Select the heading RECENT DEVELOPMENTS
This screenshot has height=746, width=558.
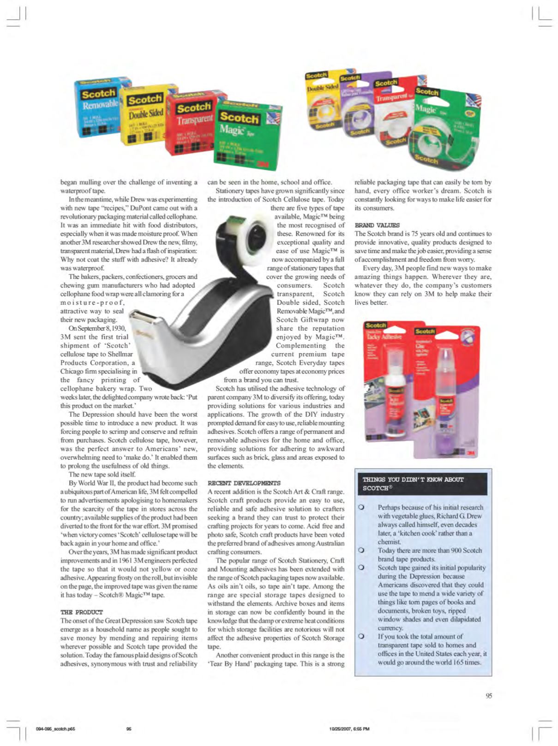pos(244,483)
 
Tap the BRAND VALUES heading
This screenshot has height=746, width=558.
pos(377,225)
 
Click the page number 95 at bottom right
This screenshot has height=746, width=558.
pos(488,696)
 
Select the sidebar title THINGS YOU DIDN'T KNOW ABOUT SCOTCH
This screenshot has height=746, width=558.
pos(413,483)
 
